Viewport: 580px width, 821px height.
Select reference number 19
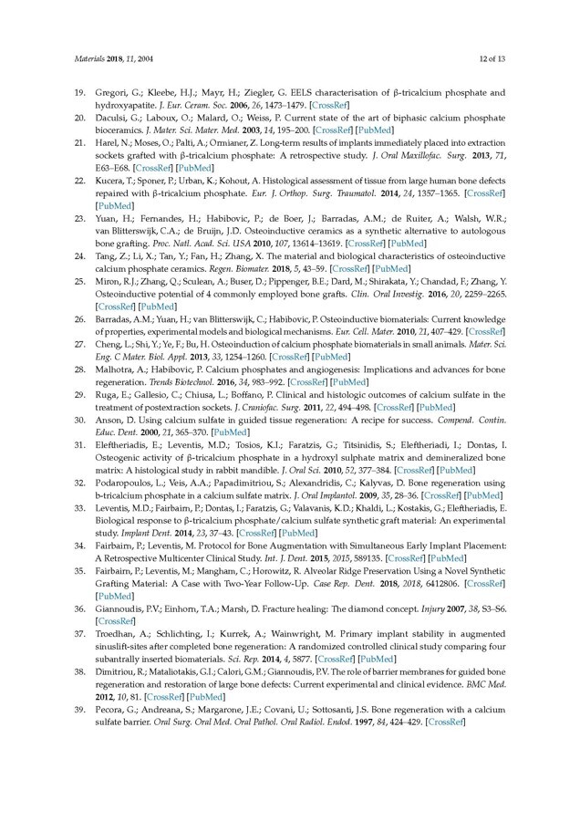point(80,93)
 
